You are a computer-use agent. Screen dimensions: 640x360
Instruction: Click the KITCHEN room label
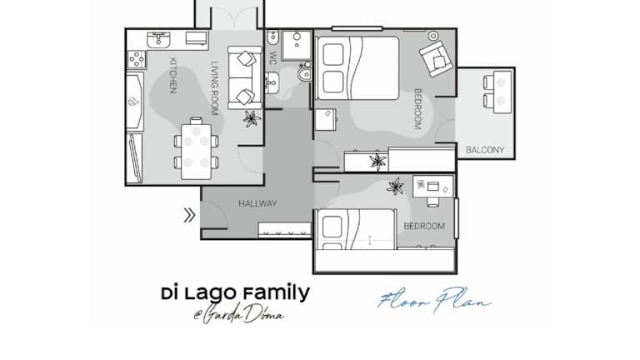pos(173,76)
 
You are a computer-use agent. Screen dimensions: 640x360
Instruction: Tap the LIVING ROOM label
pos(215,88)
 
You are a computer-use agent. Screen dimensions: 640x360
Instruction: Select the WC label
pos(272,58)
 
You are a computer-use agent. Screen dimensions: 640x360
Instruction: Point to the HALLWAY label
pos(257,203)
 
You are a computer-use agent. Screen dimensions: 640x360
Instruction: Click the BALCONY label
pos(485,150)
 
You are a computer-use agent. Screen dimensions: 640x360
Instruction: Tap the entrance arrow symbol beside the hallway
pos(189,215)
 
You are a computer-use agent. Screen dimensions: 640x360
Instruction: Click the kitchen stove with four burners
pos(137,59)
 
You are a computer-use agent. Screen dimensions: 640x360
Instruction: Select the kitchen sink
pos(158,40)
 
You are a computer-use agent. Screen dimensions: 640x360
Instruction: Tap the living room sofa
pos(244,77)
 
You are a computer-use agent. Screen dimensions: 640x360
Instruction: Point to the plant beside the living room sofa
pos(252,119)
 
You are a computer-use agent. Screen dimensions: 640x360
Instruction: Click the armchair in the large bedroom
pos(436,58)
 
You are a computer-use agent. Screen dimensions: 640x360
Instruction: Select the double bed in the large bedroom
pos(357,68)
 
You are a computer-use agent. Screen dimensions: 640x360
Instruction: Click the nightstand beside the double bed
pos(325,119)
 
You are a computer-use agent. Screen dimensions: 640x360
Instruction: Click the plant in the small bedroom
pos(395,187)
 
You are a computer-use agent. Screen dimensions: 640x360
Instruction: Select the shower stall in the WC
pos(297,44)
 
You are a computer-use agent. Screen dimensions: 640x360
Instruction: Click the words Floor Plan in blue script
pos(434,300)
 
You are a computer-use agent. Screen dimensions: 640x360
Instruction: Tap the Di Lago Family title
pos(236,294)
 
